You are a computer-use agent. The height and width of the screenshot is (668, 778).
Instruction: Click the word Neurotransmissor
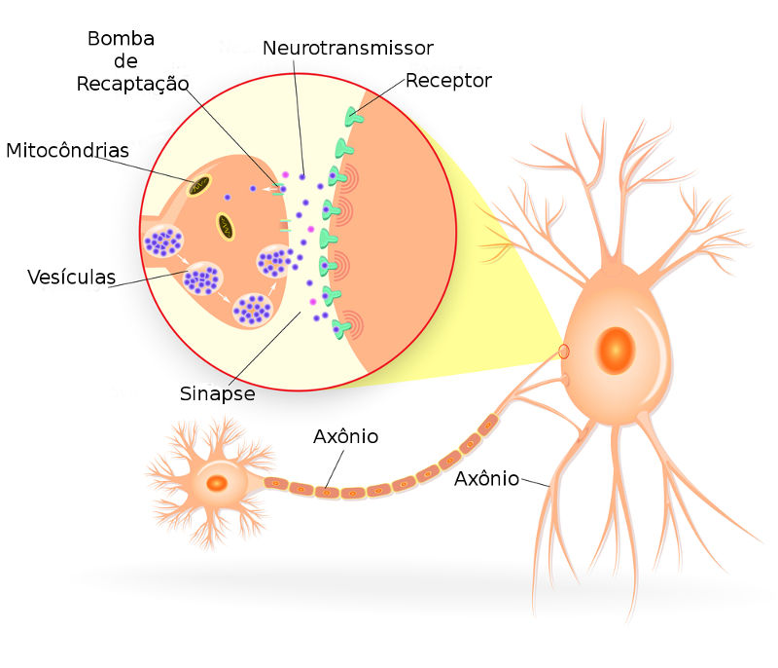(x=347, y=48)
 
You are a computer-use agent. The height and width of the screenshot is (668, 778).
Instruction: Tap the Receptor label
(x=448, y=80)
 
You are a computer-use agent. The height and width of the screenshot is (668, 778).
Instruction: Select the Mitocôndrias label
(x=67, y=151)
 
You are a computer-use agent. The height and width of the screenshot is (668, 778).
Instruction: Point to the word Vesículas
(x=71, y=278)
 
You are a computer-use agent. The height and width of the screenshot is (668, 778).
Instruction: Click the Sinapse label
(x=217, y=393)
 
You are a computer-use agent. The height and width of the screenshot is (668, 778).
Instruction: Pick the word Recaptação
(x=132, y=84)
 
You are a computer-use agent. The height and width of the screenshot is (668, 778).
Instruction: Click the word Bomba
(x=121, y=39)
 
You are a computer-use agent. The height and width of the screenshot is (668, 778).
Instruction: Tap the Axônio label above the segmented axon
(x=345, y=436)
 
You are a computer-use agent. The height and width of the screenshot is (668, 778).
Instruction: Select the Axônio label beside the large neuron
(x=486, y=478)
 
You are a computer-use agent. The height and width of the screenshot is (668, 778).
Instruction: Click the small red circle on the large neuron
(x=564, y=351)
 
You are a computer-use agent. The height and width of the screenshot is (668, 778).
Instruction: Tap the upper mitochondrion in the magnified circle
(x=201, y=185)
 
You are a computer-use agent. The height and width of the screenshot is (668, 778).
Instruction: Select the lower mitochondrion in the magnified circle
(x=225, y=226)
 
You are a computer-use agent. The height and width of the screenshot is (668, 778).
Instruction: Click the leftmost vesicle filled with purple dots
(x=162, y=241)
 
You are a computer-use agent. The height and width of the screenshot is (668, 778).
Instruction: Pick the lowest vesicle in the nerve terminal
(x=251, y=310)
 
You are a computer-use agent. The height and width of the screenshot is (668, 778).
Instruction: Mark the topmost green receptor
(x=352, y=117)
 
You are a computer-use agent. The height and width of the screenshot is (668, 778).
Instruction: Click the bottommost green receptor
(x=341, y=327)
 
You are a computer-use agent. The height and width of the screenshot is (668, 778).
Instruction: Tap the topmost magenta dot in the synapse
(x=286, y=175)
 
